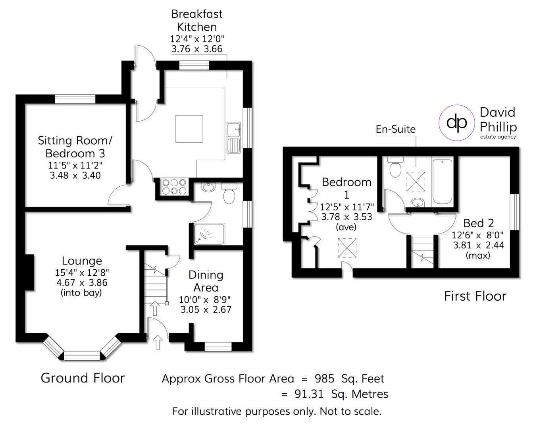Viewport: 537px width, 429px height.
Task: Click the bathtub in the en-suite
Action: (x=442, y=182)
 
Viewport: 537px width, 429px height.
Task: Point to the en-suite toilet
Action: (x=395, y=168)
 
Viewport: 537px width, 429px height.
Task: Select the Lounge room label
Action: (x=82, y=261)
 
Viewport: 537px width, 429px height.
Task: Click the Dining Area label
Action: (x=206, y=281)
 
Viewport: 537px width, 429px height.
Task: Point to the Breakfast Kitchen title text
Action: (x=197, y=20)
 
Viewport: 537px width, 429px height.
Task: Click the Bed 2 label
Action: (x=478, y=223)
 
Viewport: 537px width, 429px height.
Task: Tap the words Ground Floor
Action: (x=83, y=378)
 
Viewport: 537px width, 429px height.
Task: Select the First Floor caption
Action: (x=475, y=296)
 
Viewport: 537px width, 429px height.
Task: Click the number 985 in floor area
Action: (x=325, y=379)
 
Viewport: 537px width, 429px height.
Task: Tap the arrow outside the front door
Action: (x=158, y=342)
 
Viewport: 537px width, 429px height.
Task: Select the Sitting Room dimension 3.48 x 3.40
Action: (x=75, y=175)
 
